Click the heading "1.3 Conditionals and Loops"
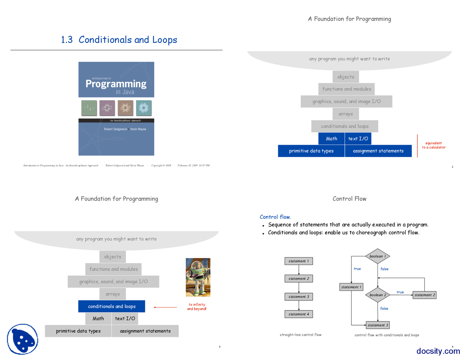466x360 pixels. tap(119, 40)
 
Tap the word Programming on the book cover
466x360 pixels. tap(116, 84)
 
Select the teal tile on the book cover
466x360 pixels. tap(144, 108)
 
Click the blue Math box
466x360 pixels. tap(331, 139)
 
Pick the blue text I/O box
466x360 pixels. tap(358, 139)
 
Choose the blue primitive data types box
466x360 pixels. tap(311, 151)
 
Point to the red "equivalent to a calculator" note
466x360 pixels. tap(433, 145)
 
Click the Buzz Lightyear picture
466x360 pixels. tap(198, 277)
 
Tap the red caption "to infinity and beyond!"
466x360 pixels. tap(197, 307)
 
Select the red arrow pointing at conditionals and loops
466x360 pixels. tap(165, 307)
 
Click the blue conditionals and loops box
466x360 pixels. tap(112, 306)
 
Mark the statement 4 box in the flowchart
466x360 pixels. tap(299, 314)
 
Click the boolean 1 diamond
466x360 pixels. tap(378, 256)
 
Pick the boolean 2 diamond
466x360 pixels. tap(378, 295)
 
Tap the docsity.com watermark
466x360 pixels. tap(438, 351)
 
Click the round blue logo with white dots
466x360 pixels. tap(23, 339)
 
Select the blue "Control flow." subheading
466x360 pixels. tap(275, 217)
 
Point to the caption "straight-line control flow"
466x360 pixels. tap(301, 335)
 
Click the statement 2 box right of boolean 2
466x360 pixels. tap(424, 295)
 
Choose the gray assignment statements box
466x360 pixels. tap(145, 331)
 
